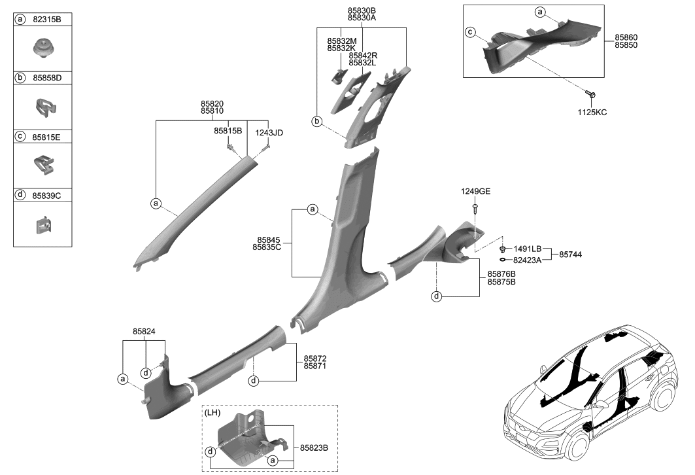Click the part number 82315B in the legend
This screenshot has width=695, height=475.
[x=48, y=20]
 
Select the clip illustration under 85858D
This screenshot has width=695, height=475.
[x=43, y=106]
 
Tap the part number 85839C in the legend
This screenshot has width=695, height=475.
[x=48, y=195]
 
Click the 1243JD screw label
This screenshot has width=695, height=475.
[x=269, y=133]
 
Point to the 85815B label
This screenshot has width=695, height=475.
[x=228, y=131]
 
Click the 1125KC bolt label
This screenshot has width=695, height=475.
[x=593, y=113]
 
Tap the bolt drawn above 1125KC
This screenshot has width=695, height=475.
[x=591, y=96]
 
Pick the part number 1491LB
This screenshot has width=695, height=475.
[x=528, y=249]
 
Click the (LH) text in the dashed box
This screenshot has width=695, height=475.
[x=212, y=413]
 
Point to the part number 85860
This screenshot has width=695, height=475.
[x=626, y=37]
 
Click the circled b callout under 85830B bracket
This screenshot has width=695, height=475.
[x=316, y=122]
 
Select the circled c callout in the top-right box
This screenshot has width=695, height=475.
[x=469, y=32]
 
